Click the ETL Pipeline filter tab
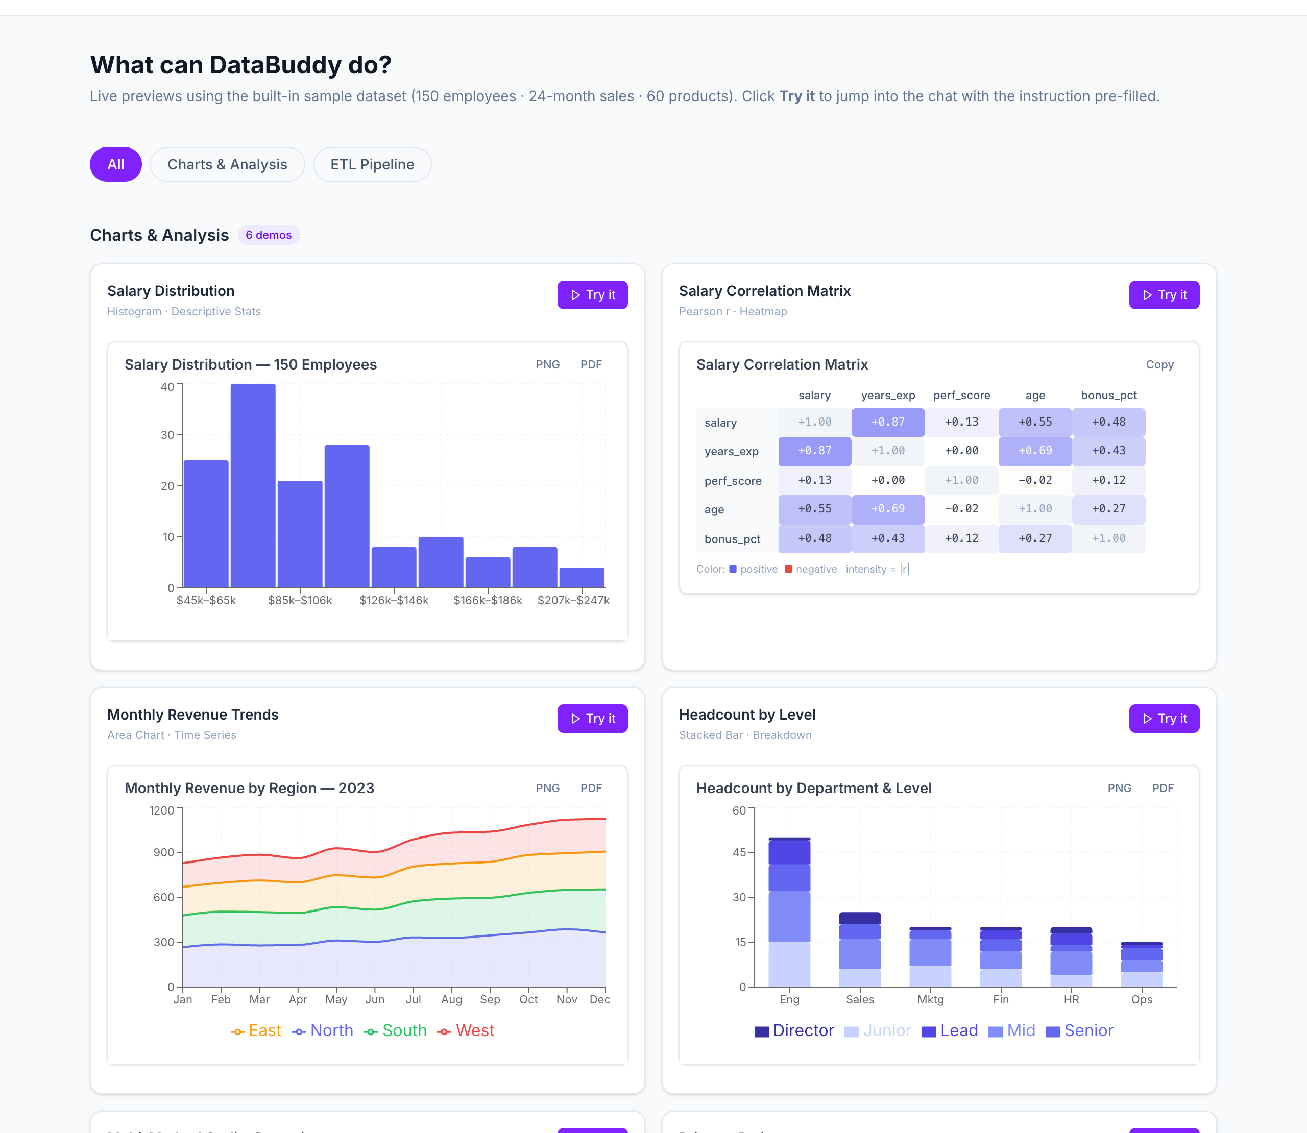(372, 164)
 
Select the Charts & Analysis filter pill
(227, 164)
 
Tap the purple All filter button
(116, 164)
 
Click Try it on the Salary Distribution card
(592, 294)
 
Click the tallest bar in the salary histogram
(252, 485)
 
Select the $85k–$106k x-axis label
(300, 600)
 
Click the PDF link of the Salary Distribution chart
(591, 364)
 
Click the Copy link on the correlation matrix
(1159, 364)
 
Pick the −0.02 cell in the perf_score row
(1034, 480)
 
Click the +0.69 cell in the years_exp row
(1034, 451)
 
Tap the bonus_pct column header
(1108, 395)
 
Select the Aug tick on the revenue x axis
(451, 999)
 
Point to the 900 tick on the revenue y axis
(163, 852)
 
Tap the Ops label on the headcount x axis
(1142, 999)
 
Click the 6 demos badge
(268, 235)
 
